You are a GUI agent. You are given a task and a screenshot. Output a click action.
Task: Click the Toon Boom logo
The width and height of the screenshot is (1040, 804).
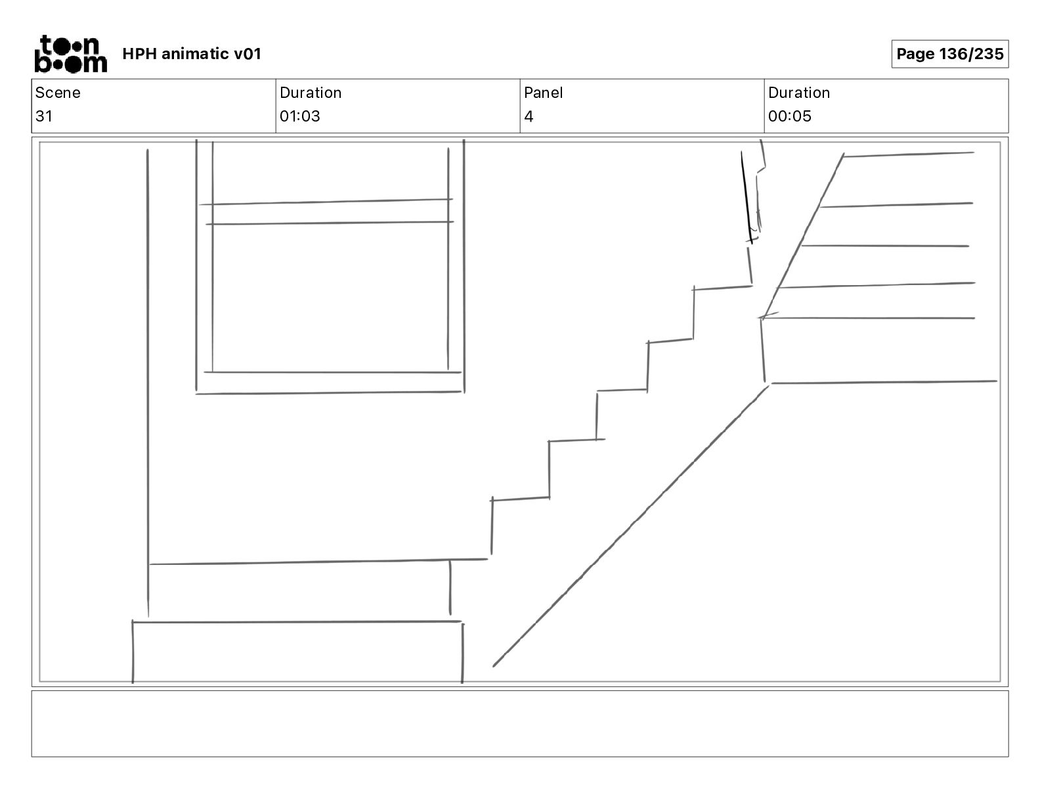click(70, 54)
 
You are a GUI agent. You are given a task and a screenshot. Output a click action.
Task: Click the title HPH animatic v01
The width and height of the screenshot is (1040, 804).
click(192, 54)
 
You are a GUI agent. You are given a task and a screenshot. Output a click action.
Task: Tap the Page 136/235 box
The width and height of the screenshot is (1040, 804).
click(949, 54)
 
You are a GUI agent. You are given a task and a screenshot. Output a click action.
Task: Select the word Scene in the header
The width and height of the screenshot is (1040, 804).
click(58, 93)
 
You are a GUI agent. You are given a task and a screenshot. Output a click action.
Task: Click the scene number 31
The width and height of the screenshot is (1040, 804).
click(44, 116)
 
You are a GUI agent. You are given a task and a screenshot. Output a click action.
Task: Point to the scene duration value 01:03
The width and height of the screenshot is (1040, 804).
click(300, 116)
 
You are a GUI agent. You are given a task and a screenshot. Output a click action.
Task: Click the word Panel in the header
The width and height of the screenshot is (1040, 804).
click(544, 93)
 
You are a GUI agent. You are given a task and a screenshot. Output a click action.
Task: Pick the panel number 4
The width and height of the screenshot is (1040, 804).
click(529, 117)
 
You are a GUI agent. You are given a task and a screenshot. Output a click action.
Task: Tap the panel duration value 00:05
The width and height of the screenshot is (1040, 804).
click(790, 116)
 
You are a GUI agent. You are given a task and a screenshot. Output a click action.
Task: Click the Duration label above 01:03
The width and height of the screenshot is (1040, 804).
click(311, 93)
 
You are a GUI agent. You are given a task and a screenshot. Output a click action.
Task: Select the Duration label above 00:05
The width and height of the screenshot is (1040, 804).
click(799, 93)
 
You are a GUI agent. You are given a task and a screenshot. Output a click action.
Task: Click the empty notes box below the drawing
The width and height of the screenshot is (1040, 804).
click(519, 723)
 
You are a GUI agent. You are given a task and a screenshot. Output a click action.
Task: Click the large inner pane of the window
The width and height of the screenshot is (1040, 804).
click(330, 297)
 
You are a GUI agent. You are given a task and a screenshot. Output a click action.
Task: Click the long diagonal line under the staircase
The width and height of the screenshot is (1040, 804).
click(630, 525)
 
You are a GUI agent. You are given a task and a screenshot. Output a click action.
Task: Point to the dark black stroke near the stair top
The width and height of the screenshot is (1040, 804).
click(747, 197)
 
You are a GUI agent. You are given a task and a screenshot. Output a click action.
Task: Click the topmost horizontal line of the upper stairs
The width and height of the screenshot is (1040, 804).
click(908, 154)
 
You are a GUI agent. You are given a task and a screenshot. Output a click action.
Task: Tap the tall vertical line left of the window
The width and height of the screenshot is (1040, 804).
click(148, 381)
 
